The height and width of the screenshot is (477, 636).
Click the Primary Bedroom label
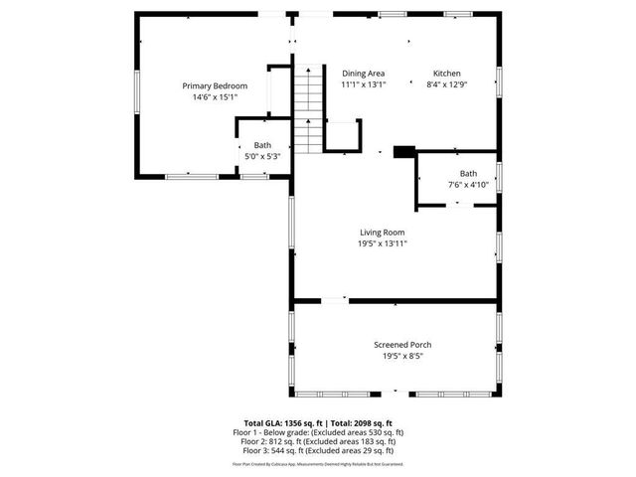(215, 86)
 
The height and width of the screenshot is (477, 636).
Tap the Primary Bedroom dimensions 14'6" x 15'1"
(215, 98)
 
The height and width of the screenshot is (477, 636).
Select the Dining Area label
(364, 74)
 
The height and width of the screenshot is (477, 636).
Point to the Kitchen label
(446, 74)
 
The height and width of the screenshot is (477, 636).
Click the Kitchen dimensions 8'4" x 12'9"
(446, 85)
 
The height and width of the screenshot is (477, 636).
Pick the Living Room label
(383, 232)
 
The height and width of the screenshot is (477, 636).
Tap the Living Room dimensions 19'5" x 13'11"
(383, 243)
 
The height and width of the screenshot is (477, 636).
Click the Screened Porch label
(402, 345)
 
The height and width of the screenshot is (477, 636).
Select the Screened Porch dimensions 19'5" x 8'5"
(402, 357)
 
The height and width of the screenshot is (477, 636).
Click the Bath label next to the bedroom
(262, 145)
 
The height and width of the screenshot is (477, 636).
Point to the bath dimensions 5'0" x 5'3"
(262, 156)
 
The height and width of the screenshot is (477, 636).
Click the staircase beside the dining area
(311, 108)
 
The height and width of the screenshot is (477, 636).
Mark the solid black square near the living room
(403, 152)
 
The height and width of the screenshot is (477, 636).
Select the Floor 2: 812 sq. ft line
(318, 442)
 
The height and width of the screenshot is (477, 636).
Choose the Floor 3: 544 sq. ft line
(318, 451)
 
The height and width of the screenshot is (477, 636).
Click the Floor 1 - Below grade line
(318, 433)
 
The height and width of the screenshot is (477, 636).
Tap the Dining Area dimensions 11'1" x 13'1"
(364, 85)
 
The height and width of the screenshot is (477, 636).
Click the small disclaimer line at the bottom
(318, 463)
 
